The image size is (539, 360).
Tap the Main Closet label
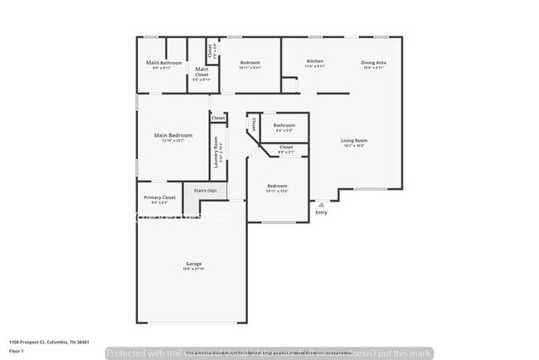point(202,72)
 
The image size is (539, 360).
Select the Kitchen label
point(314,61)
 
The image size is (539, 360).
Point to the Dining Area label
point(372,61)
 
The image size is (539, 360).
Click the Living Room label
point(354,140)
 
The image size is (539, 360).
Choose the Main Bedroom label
point(173,134)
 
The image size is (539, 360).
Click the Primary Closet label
point(159,197)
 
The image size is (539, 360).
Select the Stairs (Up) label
point(206,191)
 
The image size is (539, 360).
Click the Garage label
point(193,264)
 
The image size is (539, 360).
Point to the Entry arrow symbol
point(322,203)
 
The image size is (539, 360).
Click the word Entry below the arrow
point(322,212)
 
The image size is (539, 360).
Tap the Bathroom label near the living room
point(284,125)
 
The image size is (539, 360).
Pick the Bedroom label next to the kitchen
point(250,63)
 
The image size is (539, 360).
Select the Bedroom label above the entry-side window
point(277,186)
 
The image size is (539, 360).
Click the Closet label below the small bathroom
point(286,147)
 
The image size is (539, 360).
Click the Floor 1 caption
point(17,351)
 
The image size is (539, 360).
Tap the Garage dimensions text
point(193,269)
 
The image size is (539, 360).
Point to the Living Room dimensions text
point(354,145)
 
